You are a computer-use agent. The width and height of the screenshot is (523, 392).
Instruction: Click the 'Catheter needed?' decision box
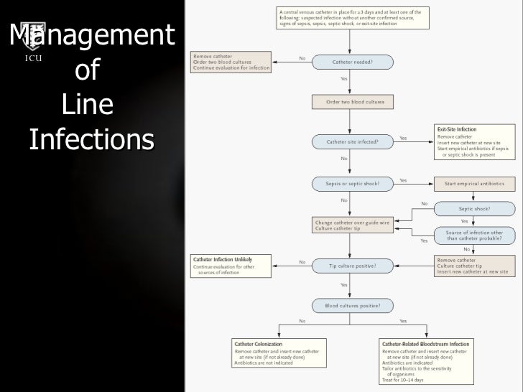[352, 62]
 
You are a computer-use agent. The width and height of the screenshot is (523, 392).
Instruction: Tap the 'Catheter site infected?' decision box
[352, 141]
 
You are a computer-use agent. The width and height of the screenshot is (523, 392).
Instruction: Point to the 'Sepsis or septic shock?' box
[352, 183]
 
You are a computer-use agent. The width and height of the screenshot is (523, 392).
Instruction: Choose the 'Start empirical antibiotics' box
[474, 184]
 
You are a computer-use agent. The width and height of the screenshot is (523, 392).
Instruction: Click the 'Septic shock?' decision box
[474, 209]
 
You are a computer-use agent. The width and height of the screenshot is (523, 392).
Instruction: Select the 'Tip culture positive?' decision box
[352, 266]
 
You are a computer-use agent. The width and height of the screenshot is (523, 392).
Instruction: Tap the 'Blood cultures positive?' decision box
[352, 305]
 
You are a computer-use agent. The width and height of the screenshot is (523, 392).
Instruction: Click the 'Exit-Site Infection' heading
[457, 129]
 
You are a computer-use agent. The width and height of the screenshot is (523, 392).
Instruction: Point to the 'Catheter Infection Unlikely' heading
[222, 258]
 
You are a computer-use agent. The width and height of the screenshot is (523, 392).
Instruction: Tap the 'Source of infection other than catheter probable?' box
[474, 234]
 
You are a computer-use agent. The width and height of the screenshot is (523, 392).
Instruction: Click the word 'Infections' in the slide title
[91, 139]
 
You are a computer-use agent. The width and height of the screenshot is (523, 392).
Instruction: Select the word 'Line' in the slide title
[88, 105]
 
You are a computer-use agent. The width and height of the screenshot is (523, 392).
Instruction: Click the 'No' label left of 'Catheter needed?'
[302, 58]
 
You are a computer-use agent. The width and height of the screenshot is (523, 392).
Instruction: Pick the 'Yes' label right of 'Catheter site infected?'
[403, 138]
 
